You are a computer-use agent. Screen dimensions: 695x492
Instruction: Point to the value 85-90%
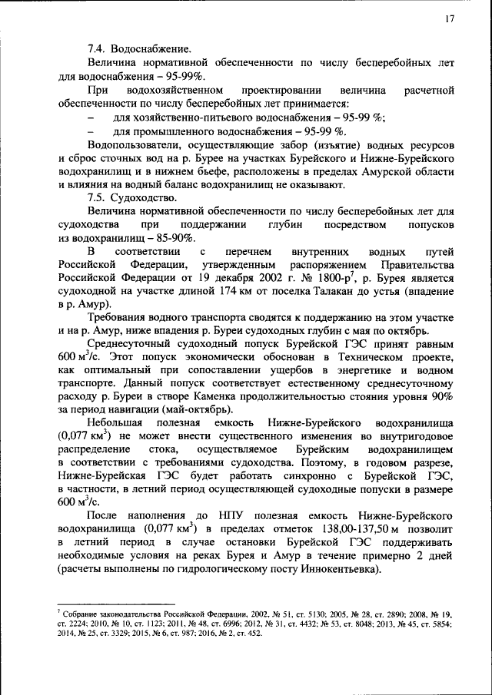161,238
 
